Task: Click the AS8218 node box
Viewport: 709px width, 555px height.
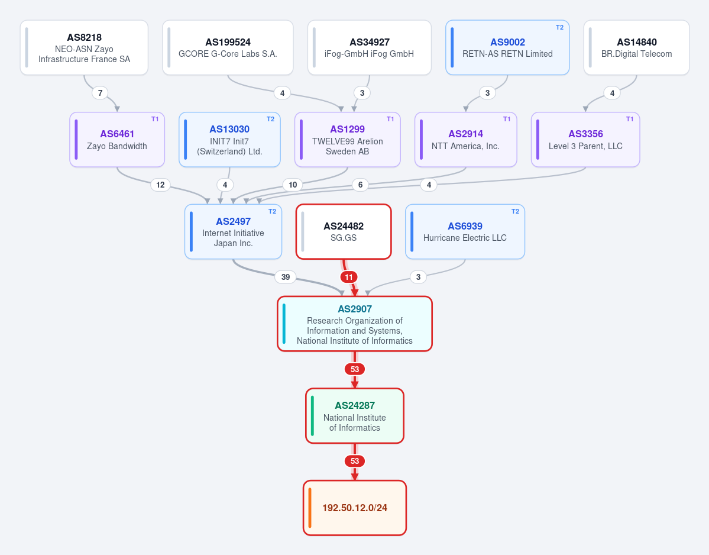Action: point(84,47)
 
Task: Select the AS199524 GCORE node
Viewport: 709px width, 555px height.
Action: point(228,47)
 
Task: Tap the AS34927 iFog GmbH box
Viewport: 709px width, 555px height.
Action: point(370,47)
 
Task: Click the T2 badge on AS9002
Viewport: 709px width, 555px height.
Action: point(559,28)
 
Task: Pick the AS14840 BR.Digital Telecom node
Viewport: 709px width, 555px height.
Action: point(637,47)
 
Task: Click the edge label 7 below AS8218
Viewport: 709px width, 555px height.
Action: point(101,93)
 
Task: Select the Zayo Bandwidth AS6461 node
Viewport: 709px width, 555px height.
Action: point(117,139)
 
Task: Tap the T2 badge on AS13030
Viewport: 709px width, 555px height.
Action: point(270,120)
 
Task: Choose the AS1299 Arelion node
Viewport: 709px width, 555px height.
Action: point(347,139)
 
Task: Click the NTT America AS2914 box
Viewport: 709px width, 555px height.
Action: point(466,139)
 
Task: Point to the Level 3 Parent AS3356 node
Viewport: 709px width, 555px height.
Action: point(585,139)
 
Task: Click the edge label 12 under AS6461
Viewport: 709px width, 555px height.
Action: point(160,185)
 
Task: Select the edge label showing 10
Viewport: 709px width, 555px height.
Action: point(293,185)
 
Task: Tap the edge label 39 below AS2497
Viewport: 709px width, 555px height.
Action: point(286,277)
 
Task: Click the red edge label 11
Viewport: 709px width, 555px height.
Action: point(349,277)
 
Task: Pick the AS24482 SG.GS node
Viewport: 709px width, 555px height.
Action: point(344,231)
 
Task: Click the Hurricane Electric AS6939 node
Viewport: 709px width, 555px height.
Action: point(465,231)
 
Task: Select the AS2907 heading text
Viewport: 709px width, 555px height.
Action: point(355,309)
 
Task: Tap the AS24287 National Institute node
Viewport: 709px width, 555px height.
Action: point(355,416)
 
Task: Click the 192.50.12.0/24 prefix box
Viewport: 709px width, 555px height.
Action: point(355,508)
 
